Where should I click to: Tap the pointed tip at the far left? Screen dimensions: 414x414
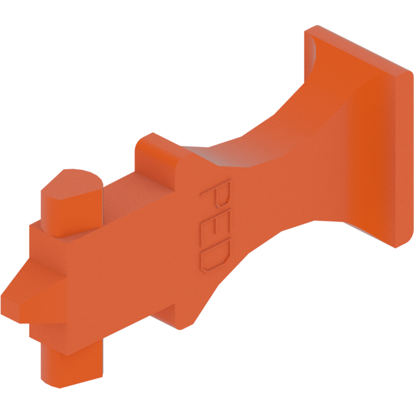(5, 304)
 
